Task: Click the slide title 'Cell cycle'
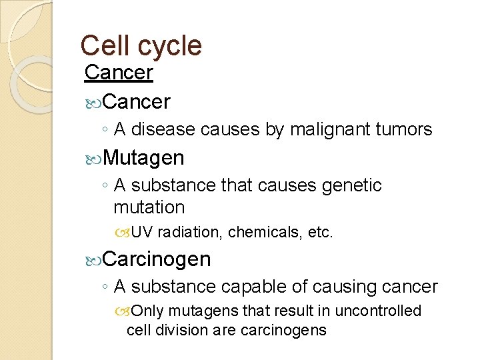point(141,45)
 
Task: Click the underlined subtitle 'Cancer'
point(119,73)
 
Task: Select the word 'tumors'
point(406,129)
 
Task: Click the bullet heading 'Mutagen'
point(144,158)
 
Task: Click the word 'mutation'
point(149,207)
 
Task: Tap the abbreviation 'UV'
point(143,233)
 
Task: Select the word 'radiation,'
point(193,233)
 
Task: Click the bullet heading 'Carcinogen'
point(157,258)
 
